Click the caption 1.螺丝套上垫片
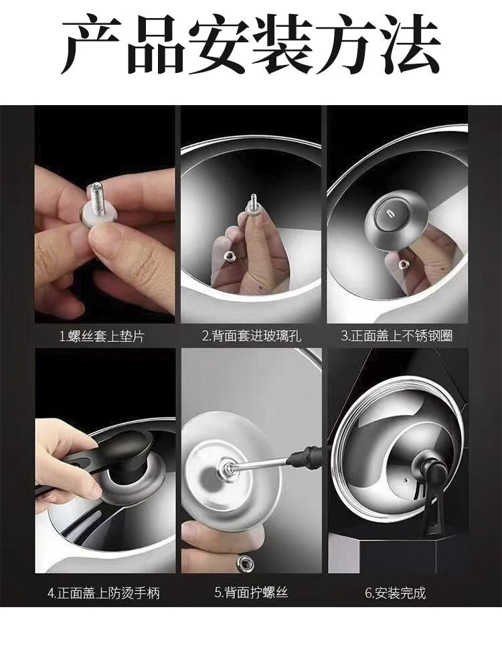(102, 337)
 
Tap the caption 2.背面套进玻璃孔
(251, 336)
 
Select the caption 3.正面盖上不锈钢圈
(397, 336)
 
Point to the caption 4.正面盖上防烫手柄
(104, 594)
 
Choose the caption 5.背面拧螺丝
(251, 593)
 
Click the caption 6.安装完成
(396, 593)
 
